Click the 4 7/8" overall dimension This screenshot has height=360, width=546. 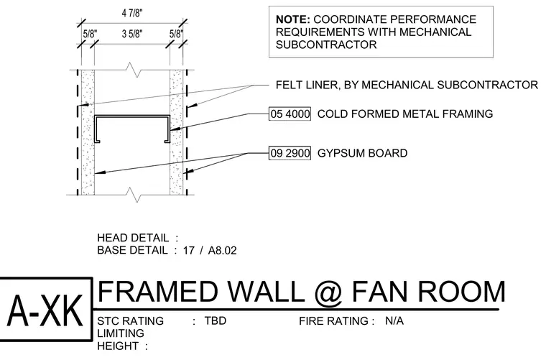coord(132,13)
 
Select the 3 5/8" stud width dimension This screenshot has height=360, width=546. coord(132,34)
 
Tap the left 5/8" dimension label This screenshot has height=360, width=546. coord(90,34)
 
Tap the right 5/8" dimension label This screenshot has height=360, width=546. coord(176,34)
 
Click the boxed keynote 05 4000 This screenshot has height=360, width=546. coord(290,114)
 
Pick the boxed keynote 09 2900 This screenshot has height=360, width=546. coord(290,153)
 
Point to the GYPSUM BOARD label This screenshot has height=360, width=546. coord(363,153)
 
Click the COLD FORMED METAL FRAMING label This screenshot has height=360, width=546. coord(405,114)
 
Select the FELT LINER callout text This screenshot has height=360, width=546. coord(407,85)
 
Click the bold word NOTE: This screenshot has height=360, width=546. coord(292,19)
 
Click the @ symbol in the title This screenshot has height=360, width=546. coord(328,292)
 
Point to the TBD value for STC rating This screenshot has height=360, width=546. coord(216,320)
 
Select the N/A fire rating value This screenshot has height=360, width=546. coord(394,320)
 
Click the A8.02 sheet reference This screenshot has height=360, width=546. coord(222,251)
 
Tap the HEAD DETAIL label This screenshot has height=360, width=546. coord(133,238)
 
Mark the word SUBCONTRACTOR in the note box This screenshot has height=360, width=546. coord(326,45)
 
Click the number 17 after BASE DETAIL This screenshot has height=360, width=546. coord(189,251)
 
